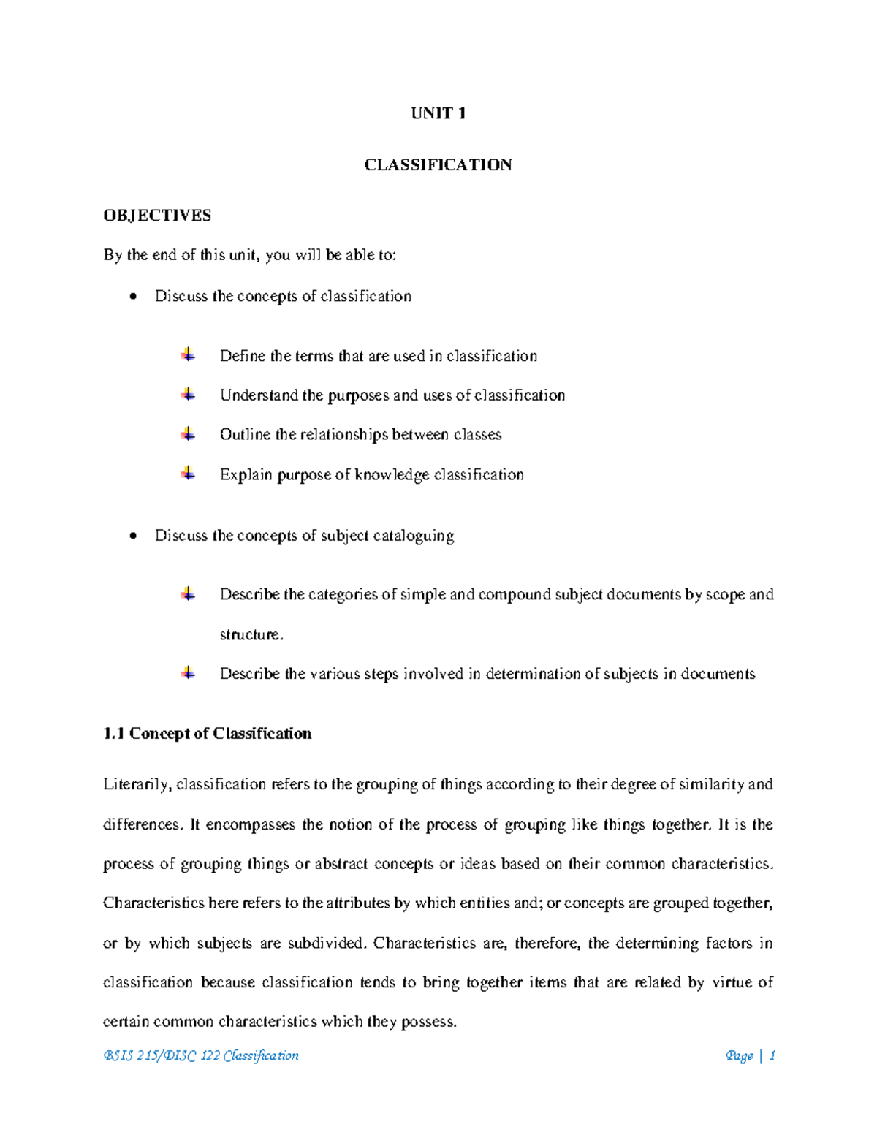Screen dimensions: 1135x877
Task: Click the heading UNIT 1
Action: (x=438, y=113)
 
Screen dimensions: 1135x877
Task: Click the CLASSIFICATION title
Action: (x=438, y=164)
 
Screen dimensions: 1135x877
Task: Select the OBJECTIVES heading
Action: (x=157, y=215)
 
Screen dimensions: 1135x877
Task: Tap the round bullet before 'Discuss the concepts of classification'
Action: (x=132, y=297)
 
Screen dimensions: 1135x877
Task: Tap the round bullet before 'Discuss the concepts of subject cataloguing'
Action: (x=132, y=536)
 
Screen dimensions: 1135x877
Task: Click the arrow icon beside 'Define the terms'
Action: (x=189, y=355)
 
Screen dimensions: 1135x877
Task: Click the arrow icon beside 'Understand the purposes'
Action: (x=189, y=395)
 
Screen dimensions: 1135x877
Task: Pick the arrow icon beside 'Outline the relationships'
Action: (x=189, y=434)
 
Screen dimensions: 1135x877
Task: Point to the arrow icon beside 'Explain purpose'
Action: (x=189, y=474)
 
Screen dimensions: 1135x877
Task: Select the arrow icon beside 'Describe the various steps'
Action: (x=189, y=673)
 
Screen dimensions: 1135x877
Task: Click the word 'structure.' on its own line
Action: (x=251, y=634)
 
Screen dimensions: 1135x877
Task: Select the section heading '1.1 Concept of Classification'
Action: (x=208, y=733)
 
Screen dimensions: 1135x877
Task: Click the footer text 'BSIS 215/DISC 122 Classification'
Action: (x=201, y=1055)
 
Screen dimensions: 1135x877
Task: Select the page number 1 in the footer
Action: (x=772, y=1055)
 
